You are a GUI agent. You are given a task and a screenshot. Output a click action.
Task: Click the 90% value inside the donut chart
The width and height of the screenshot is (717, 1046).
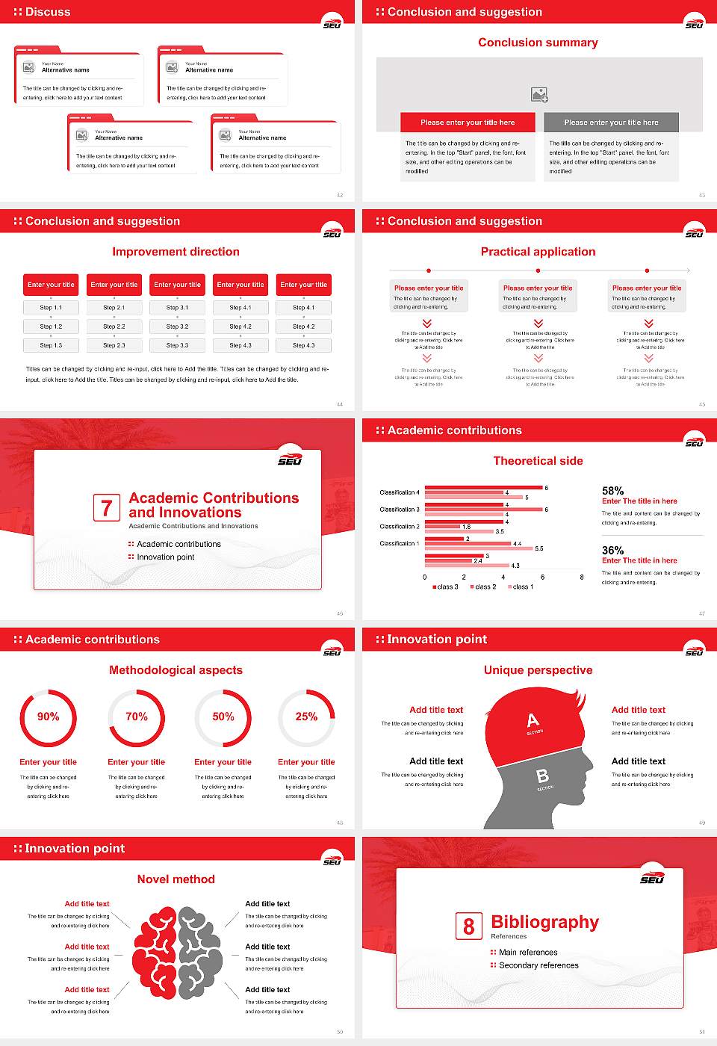[49, 717]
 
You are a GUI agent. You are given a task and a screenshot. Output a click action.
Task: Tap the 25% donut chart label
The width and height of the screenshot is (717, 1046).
[306, 717]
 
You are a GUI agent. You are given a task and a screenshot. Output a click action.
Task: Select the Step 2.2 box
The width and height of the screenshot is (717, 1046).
[114, 327]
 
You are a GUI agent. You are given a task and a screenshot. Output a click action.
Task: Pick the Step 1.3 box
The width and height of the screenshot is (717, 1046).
[52, 345]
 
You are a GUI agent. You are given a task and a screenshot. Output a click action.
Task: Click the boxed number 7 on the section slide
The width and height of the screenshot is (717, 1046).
[106, 508]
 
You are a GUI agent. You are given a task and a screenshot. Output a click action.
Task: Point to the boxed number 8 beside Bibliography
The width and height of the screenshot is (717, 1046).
[468, 926]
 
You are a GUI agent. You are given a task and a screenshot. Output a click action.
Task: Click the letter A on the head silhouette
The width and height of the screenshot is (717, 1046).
[533, 720]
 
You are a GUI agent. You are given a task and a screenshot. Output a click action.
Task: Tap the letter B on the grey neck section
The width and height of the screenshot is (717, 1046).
[543, 777]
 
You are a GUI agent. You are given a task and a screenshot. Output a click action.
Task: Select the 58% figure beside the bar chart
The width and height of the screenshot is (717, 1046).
[612, 491]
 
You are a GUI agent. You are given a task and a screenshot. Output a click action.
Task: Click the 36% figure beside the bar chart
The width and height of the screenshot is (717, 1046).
[612, 551]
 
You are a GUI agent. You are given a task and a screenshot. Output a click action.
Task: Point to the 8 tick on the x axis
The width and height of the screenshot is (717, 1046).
[582, 577]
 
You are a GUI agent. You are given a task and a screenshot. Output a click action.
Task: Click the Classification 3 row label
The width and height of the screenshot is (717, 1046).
[400, 510]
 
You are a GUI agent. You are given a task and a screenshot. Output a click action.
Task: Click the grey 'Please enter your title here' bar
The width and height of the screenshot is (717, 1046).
[611, 123]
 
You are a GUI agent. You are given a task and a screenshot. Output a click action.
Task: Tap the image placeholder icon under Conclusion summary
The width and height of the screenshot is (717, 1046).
[539, 95]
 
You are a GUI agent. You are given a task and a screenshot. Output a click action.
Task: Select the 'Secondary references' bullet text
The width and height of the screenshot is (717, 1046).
[538, 965]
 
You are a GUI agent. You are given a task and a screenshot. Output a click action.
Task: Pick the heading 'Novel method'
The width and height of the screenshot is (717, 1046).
[176, 879]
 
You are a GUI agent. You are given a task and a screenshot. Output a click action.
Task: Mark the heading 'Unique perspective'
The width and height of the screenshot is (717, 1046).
[538, 670]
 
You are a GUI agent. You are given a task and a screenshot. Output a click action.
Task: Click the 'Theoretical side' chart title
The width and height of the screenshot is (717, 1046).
[538, 461]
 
